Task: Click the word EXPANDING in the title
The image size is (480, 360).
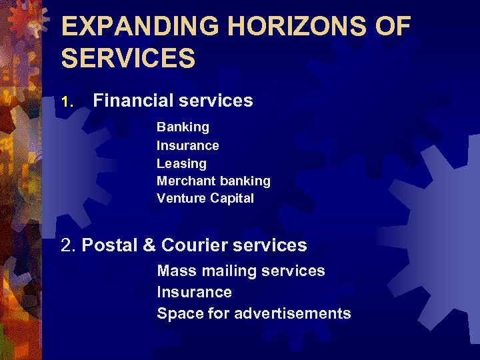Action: point(139,27)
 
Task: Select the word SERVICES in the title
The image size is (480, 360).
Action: point(128,58)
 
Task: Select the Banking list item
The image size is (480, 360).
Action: point(183,127)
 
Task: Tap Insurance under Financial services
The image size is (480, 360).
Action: point(187,145)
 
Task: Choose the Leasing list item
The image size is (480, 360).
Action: point(181,163)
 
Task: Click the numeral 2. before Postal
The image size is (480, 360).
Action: point(68,245)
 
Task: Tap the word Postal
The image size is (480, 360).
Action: point(109,245)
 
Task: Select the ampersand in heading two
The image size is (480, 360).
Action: point(149,245)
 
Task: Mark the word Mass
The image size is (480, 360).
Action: point(173,271)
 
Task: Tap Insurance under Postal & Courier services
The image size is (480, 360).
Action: point(194,292)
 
